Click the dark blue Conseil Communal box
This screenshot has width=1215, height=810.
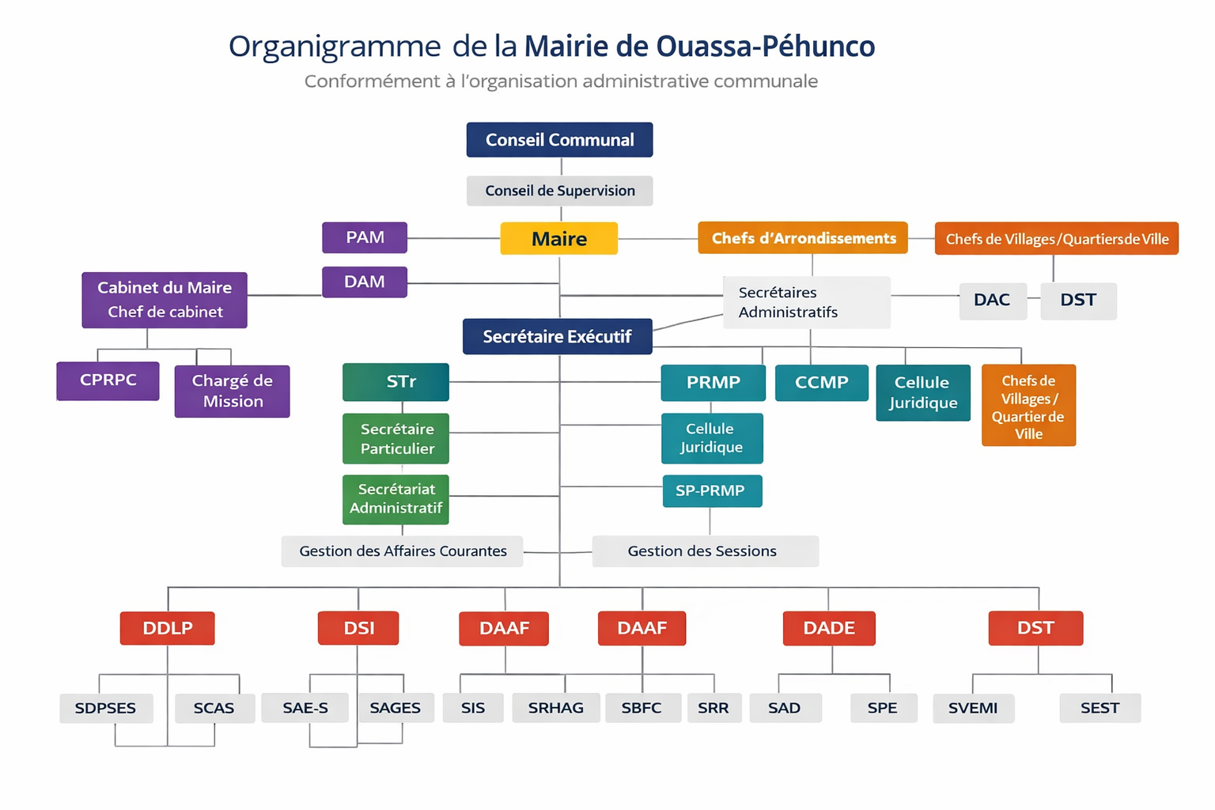[x=559, y=140]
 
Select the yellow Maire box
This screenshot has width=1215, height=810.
[x=558, y=238]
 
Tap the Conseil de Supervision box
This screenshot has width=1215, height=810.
[x=559, y=191]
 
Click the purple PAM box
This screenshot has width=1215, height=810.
[x=365, y=237]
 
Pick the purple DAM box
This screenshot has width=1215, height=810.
[x=365, y=282]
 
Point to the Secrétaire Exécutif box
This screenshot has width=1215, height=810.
[x=557, y=336]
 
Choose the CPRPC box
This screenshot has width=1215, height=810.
[x=108, y=380]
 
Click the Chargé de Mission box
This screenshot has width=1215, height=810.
[x=232, y=391]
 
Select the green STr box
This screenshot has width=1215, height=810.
[x=396, y=382]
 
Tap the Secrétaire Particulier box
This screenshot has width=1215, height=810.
[x=396, y=438]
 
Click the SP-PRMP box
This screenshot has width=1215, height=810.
[x=712, y=490]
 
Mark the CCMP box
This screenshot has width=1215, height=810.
[x=821, y=383]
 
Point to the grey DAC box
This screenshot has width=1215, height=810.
[x=992, y=301]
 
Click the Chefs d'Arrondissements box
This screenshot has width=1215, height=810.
[x=802, y=238]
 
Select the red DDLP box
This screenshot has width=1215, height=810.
[x=167, y=628]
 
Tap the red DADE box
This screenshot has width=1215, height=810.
[x=828, y=628]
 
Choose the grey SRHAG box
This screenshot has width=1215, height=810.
[x=555, y=708]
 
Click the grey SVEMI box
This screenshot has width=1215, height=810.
[x=973, y=708]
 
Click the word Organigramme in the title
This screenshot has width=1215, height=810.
[x=334, y=47]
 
